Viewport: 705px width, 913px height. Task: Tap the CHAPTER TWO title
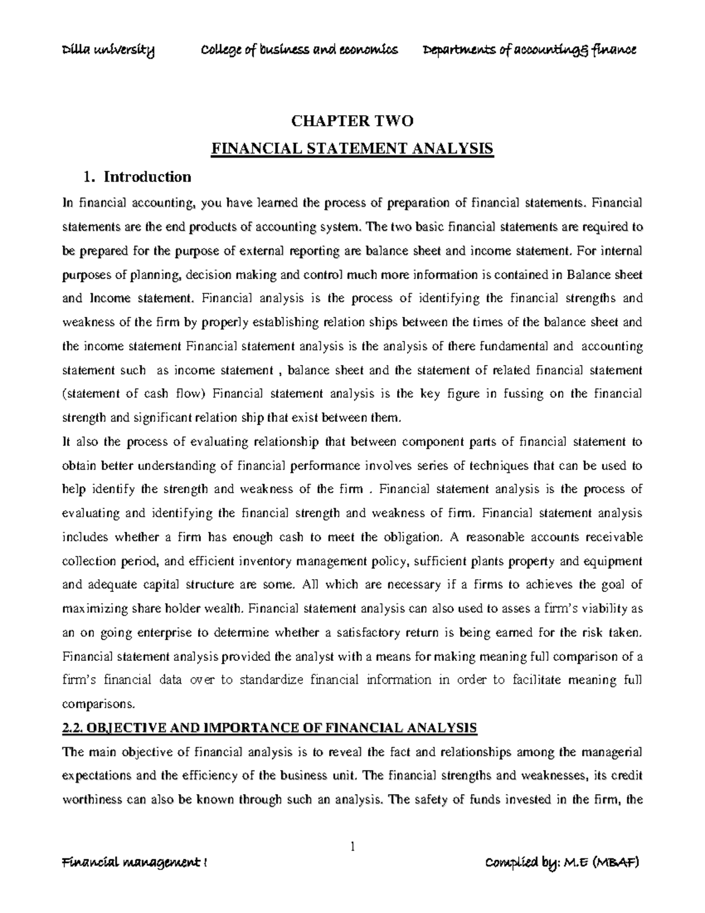pyautogui.click(x=352, y=121)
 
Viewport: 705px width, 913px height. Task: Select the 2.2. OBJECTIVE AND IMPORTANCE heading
pyautogui.click(x=270, y=728)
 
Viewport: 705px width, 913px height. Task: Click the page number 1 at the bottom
pyautogui.click(x=353, y=847)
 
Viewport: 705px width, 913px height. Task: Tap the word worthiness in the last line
pyautogui.click(x=90, y=800)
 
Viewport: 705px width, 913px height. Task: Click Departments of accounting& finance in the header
pyautogui.click(x=529, y=51)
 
